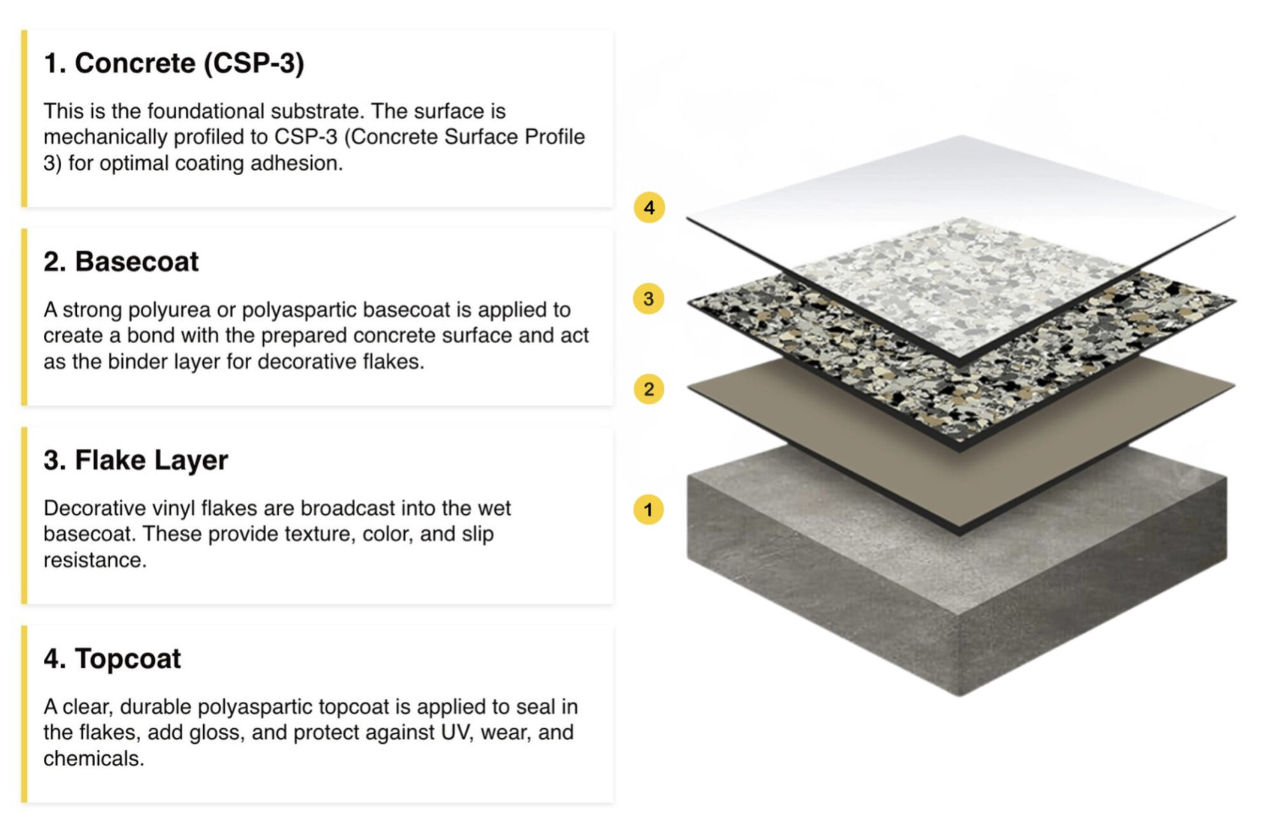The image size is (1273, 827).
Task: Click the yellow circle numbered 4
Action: click(649, 208)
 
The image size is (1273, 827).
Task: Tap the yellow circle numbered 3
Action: click(649, 299)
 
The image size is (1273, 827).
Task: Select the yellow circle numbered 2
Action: click(649, 389)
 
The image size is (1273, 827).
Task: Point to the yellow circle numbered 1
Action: click(649, 509)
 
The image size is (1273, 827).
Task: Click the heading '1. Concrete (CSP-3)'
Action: click(174, 63)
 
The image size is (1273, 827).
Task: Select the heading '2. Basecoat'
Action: click(121, 262)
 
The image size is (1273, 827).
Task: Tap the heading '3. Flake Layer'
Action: click(136, 460)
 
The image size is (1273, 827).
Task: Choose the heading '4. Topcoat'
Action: click(112, 659)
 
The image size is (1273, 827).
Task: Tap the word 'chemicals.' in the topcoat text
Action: click(94, 758)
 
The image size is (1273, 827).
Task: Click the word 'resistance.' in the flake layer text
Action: click(95, 560)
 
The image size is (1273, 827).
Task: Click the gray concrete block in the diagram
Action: click(957, 605)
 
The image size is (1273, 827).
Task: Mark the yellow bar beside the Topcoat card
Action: click(24, 714)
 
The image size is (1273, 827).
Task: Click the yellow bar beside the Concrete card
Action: click(24, 118)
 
